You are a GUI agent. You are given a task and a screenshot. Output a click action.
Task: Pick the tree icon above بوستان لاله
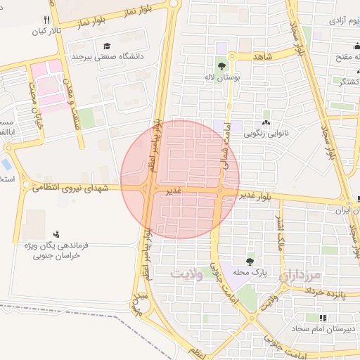[x=223, y=67]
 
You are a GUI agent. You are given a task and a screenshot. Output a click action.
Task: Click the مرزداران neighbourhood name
[x=304, y=275]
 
